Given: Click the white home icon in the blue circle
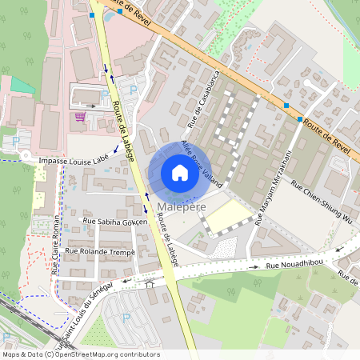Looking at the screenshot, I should [179, 173].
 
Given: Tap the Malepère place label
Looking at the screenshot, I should [182, 208].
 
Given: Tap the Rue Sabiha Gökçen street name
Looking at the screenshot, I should [116, 220].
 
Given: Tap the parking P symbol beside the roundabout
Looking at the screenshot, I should [15, 140].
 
